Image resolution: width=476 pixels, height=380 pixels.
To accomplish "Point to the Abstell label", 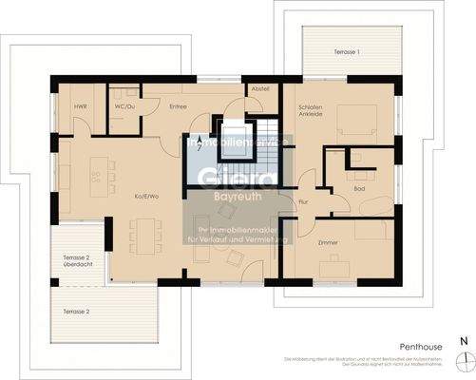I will [260, 88].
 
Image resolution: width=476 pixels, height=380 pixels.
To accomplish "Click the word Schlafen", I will [311, 107].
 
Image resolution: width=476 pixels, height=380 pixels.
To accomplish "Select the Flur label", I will [303, 201].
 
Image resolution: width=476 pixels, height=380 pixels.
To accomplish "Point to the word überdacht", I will [78, 267].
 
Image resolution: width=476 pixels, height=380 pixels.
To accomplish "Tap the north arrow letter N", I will [463, 339].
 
